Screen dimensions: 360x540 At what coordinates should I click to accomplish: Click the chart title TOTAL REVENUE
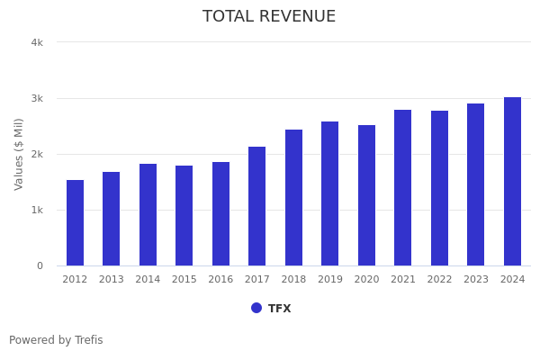(x=269, y=17)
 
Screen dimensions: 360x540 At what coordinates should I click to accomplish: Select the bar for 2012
(x=75, y=223)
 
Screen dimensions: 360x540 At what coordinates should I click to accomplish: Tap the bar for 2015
(x=184, y=216)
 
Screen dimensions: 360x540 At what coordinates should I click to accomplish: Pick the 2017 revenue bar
(x=257, y=206)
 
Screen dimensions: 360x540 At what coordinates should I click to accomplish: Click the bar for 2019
(x=330, y=193)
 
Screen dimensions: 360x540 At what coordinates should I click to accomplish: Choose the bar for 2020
(x=366, y=195)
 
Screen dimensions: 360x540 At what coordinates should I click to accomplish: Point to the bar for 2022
(x=439, y=188)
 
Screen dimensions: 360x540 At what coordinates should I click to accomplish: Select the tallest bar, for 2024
(x=512, y=181)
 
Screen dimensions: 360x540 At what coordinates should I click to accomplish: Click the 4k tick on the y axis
(x=37, y=42)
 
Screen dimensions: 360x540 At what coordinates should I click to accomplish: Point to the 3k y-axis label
(x=37, y=98)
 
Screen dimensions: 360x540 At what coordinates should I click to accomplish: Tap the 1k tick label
(x=37, y=210)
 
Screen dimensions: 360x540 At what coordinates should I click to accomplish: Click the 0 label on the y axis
(x=40, y=265)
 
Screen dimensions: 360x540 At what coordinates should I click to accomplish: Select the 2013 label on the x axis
(x=112, y=280)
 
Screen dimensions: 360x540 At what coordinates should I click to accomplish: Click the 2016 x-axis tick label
(x=220, y=280)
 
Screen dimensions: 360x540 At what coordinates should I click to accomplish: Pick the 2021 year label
(x=403, y=280)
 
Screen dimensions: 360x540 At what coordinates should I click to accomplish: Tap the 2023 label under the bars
(x=476, y=280)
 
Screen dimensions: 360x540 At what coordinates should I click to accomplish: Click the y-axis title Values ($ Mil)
(x=19, y=154)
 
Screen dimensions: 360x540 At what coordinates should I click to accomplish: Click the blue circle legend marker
(x=256, y=308)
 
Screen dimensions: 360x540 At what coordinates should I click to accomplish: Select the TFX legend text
(x=279, y=309)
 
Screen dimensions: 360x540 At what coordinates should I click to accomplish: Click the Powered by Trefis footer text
(x=56, y=340)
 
